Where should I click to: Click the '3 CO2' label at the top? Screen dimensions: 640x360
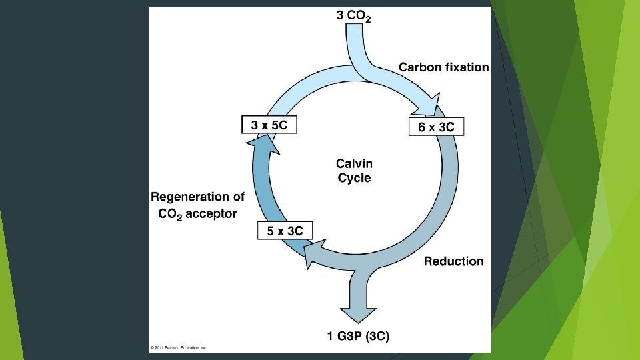pos(353,17)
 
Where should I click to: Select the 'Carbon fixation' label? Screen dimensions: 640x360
pos(443,67)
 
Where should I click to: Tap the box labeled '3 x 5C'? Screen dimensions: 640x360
pos(268,124)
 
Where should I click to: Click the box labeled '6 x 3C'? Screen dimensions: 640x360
pos(436,127)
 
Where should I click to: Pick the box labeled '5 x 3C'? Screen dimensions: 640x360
pos(285,231)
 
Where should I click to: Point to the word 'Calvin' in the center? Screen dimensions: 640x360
pos(354,163)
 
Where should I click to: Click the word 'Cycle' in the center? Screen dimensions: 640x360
pos(354,178)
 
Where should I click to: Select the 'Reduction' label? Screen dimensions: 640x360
pos(453,261)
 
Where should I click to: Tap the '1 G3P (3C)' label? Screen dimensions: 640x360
pos(358,336)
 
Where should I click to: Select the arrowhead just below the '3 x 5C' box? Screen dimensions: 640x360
pos(263,143)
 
